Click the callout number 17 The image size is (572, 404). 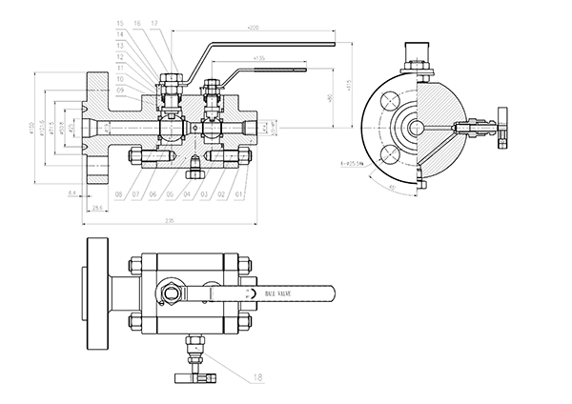coord(155,22)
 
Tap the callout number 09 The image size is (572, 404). coord(120,90)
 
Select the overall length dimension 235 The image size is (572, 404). coord(170,223)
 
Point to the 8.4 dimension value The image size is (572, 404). coord(71,193)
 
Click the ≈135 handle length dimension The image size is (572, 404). coord(259,59)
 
